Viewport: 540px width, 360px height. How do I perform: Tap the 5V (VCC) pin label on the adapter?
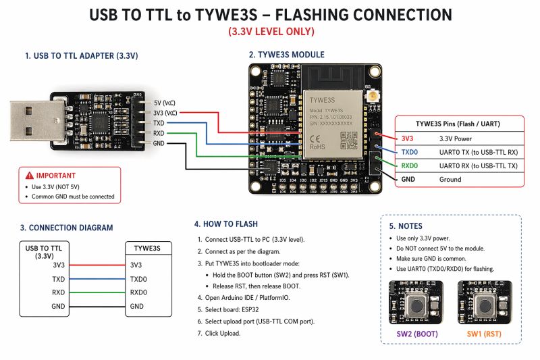click(x=165, y=102)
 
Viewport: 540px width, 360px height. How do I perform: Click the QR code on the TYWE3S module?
click(x=348, y=140)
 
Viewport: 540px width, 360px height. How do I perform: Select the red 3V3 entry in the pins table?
click(x=408, y=138)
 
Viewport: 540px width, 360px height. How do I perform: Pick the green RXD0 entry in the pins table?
click(x=410, y=165)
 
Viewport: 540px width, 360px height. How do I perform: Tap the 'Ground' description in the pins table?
click(x=450, y=180)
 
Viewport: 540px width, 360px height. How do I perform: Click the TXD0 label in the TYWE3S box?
click(x=138, y=279)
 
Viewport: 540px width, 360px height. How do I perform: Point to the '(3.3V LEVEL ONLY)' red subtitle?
click(x=270, y=31)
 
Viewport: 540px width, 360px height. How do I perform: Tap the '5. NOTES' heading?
click(x=406, y=226)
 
